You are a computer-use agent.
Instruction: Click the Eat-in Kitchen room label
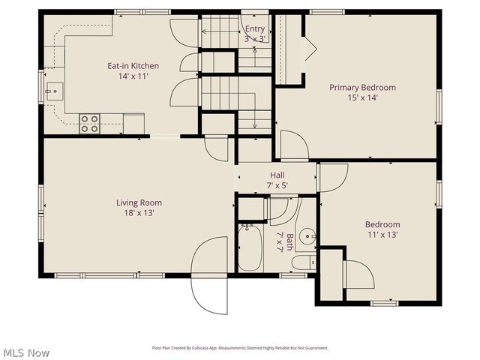coord(133,66)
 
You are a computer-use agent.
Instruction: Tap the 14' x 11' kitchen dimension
coord(133,76)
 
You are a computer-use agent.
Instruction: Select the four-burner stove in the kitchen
coord(90,123)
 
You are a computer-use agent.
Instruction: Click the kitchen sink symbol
coord(53,93)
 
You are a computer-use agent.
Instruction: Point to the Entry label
coord(255,29)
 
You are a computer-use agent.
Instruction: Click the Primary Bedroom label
coord(362,88)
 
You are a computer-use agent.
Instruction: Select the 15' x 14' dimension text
coord(362,98)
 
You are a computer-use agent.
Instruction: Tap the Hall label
coord(277,175)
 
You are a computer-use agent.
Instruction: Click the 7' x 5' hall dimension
coord(277,186)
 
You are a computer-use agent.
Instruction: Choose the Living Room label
coord(139,202)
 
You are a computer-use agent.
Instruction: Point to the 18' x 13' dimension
coord(139,213)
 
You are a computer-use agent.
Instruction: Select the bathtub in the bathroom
coord(250,248)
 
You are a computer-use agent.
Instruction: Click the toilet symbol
coord(303,262)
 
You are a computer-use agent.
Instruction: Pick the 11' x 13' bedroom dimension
coord(382,235)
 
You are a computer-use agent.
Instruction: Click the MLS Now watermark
coord(25,352)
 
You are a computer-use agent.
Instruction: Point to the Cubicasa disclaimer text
coord(240,348)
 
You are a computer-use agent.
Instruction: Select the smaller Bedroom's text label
coord(382,224)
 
